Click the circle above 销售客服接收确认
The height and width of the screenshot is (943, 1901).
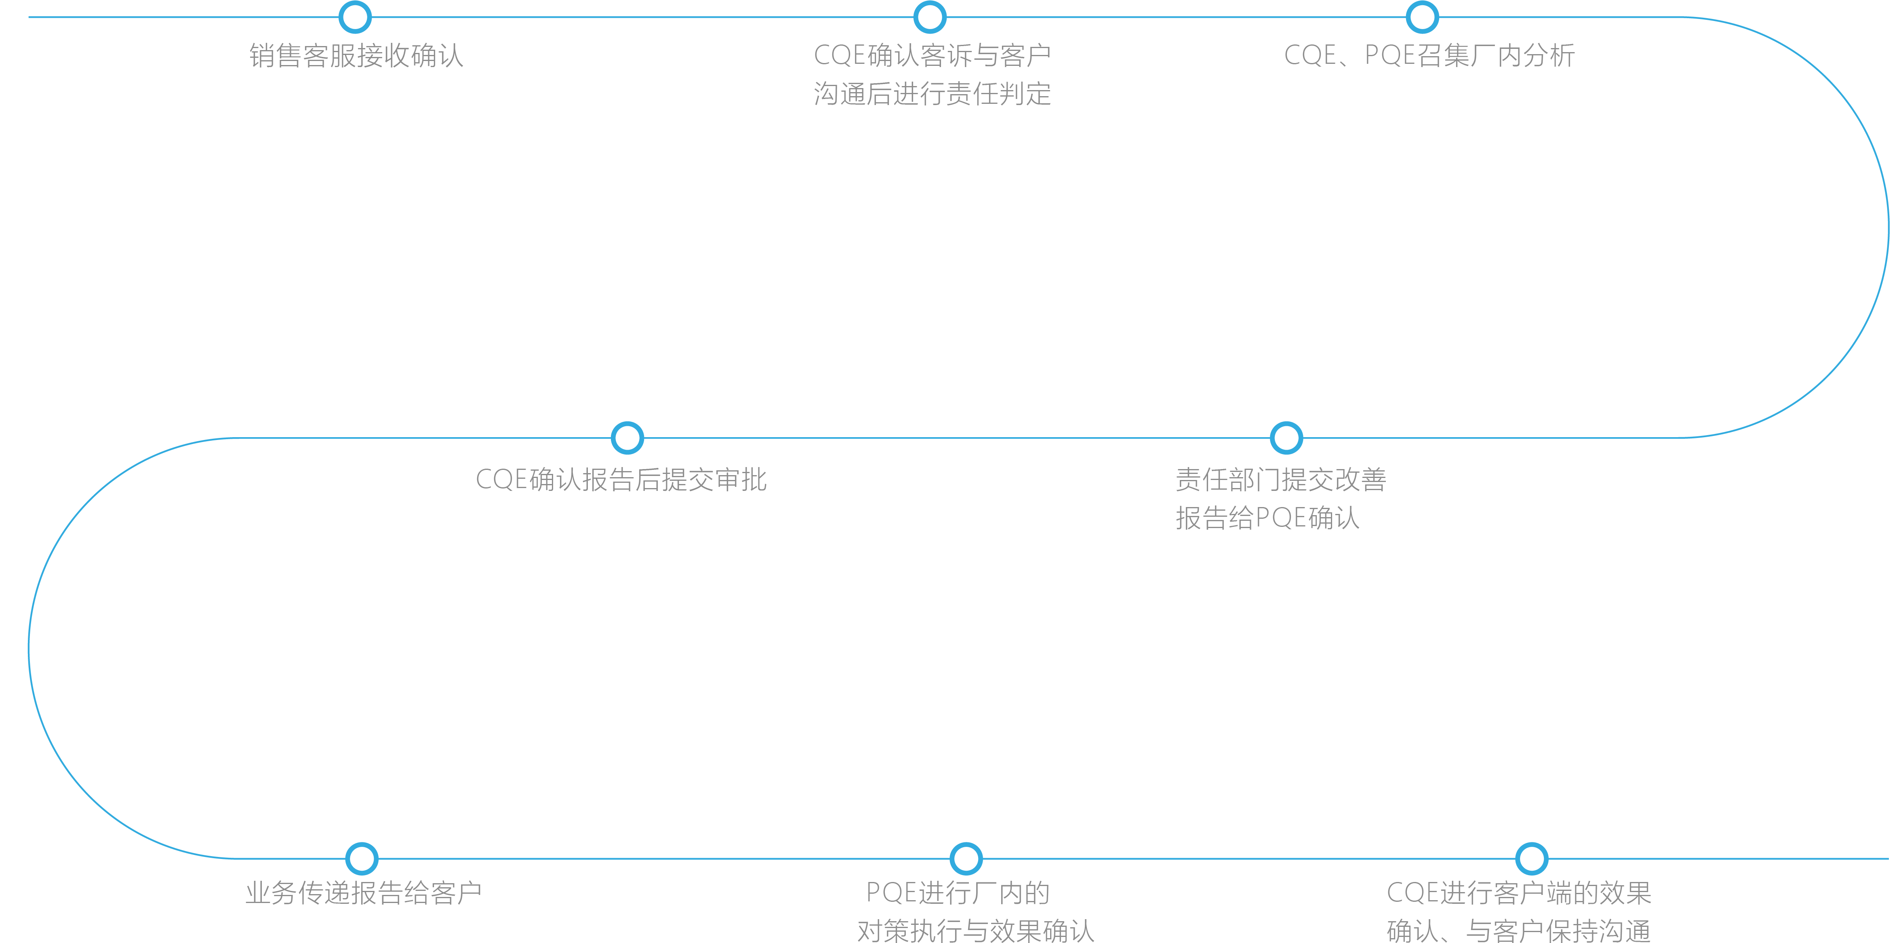click(x=355, y=17)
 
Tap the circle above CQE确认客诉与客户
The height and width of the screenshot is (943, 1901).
click(x=930, y=17)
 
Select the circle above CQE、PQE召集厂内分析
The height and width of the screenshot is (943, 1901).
click(x=1422, y=17)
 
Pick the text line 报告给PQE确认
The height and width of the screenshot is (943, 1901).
click(x=1267, y=518)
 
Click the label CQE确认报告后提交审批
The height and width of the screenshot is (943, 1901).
click(x=621, y=480)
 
